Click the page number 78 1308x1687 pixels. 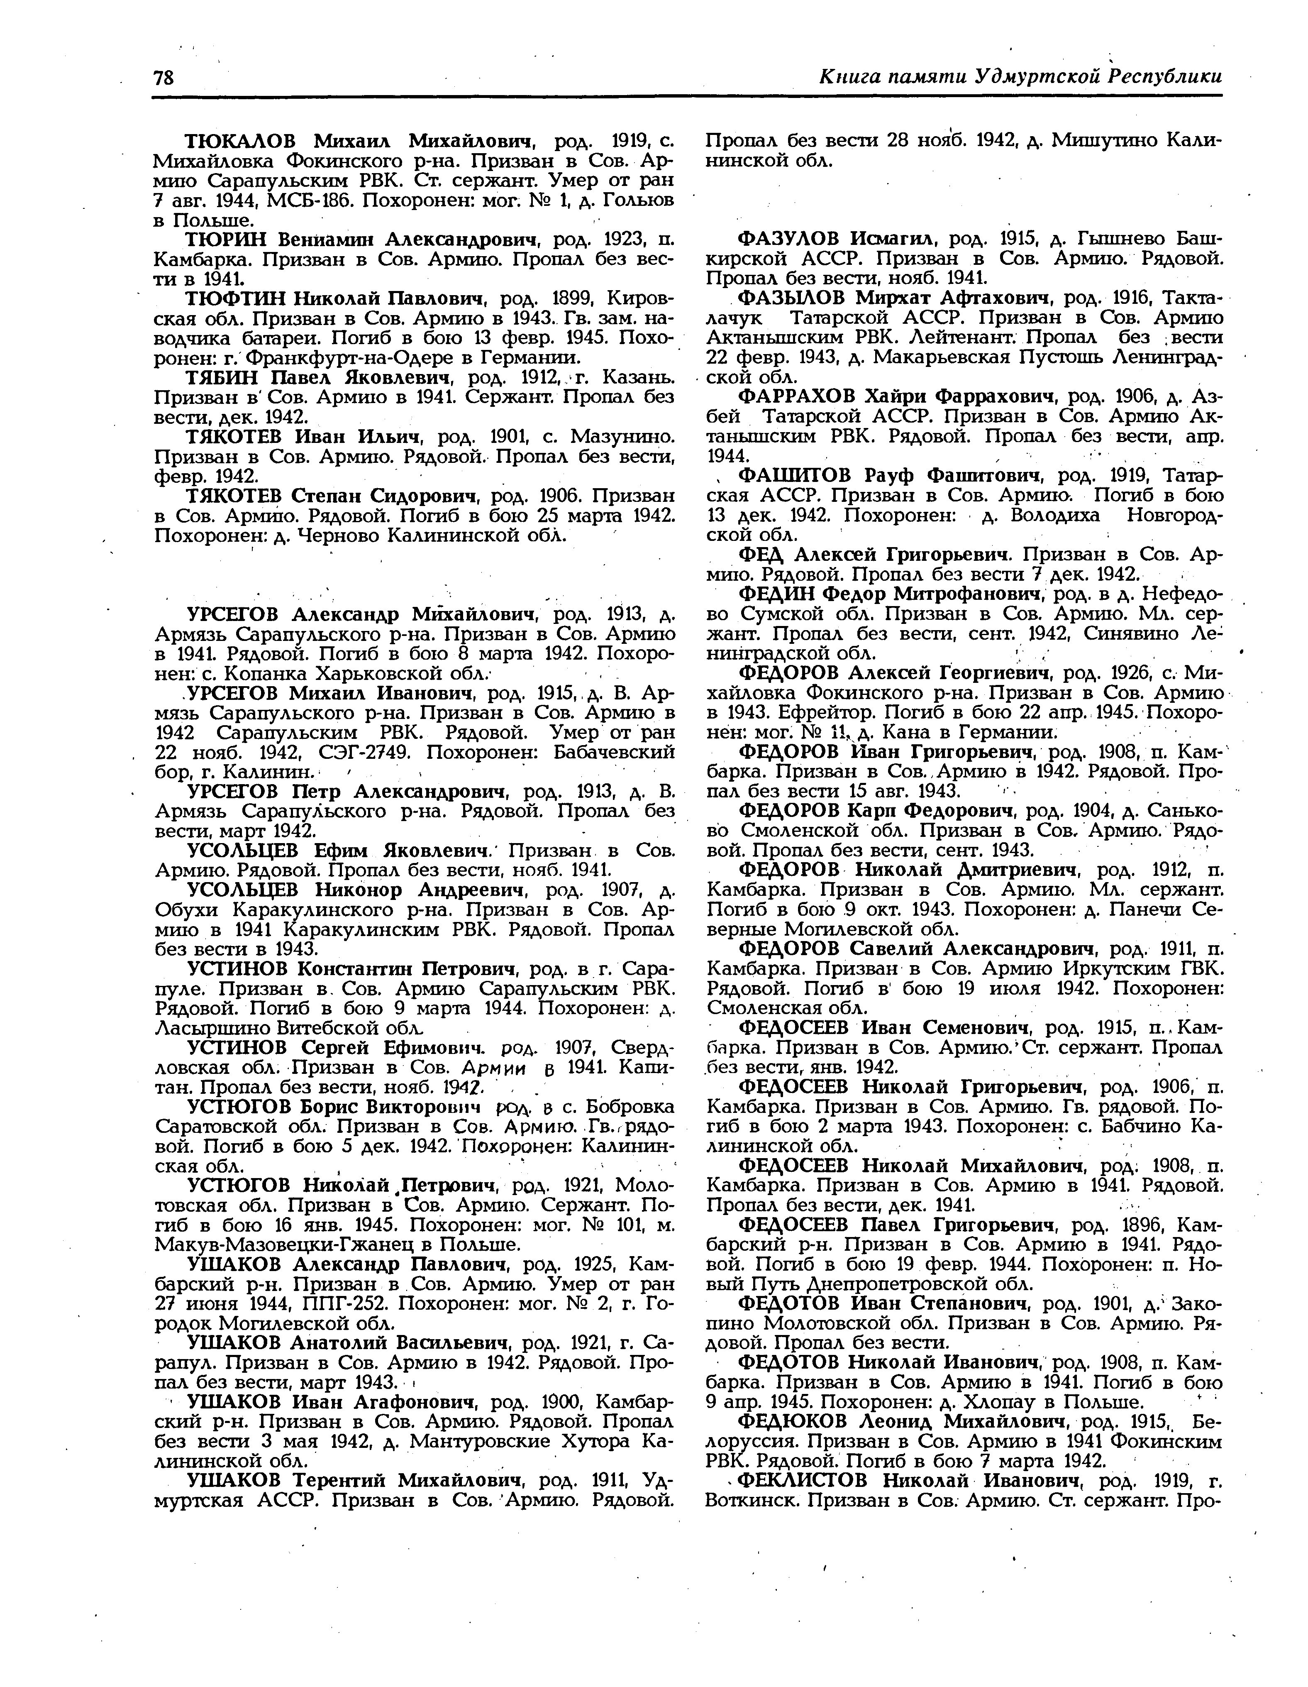coord(163,78)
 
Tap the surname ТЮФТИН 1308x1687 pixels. coord(236,298)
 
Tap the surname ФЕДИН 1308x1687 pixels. coord(775,594)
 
